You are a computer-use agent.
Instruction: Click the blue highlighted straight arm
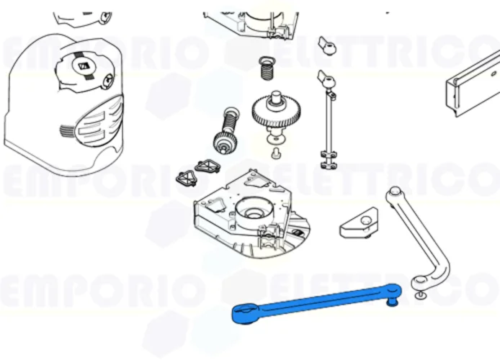pos(317,302)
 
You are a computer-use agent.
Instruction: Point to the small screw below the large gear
pos(275,152)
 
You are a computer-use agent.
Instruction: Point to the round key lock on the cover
pos(107,79)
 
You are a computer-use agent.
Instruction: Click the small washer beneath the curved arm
pos(420,294)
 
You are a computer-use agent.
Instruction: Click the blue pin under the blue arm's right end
pos(393,302)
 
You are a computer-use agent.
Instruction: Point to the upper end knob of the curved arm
pos(393,192)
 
